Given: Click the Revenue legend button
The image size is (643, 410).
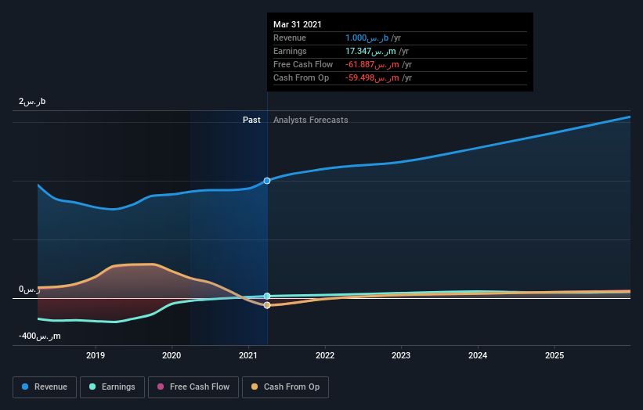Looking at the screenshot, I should (x=45, y=387).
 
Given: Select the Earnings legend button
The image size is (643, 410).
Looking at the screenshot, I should (x=113, y=387).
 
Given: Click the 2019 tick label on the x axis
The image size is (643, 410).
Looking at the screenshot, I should (x=96, y=355).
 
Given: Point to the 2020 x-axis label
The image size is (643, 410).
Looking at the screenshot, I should (x=172, y=355).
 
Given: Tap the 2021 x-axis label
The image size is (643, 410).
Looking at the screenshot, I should (x=248, y=355).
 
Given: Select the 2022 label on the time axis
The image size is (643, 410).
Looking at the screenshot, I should (x=325, y=355).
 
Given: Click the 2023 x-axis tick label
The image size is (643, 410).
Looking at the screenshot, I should (x=401, y=355).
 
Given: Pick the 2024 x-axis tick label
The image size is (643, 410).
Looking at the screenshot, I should (x=478, y=355).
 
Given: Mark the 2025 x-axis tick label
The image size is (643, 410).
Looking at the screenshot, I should (x=554, y=355).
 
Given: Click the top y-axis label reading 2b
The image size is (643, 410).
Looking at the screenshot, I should (x=32, y=102).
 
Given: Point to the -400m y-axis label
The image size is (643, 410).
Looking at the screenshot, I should (x=39, y=336).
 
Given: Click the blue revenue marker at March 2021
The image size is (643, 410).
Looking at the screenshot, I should (x=267, y=181).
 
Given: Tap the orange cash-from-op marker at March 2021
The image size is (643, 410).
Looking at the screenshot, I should (x=267, y=305).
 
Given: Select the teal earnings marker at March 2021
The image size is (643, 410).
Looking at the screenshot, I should (x=267, y=296).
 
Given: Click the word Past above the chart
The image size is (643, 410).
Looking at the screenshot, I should (x=251, y=120).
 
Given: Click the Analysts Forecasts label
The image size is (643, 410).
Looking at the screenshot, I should (x=310, y=120).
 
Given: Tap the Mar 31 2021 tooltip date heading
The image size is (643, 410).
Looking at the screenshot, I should (x=297, y=25).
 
